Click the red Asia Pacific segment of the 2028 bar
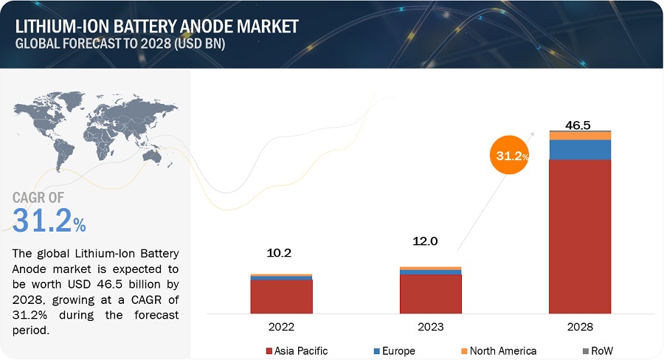coord(580,236)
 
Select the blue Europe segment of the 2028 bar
coord(580,149)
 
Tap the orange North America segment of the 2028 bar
coord(580,136)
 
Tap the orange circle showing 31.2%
coord(510,156)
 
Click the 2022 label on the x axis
coord(281,325)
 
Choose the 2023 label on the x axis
coord(430,325)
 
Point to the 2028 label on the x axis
coord(580,325)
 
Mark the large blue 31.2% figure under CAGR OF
coord(49,219)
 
